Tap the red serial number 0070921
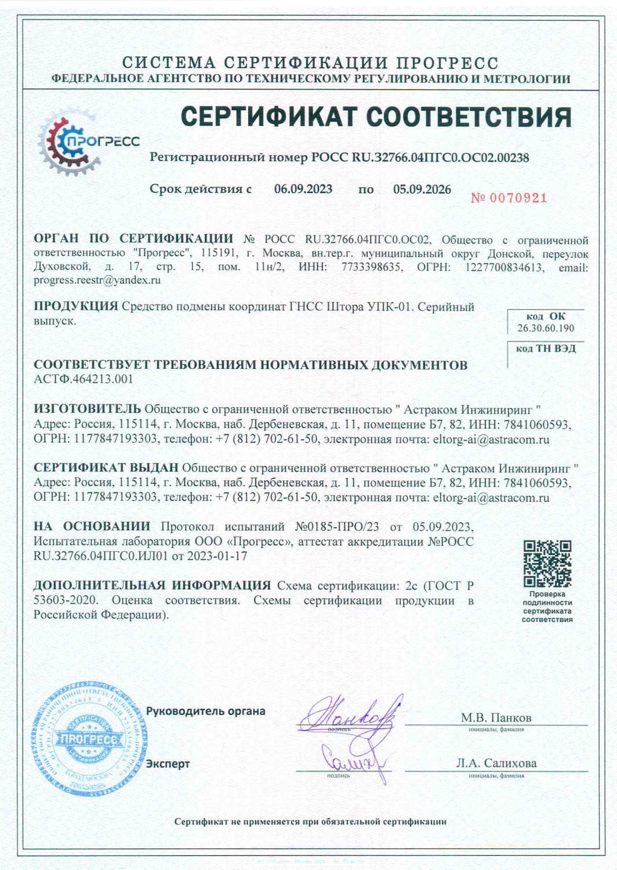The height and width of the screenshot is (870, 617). click(x=509, y=198)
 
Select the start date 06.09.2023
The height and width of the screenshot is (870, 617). click(x=303, y=189)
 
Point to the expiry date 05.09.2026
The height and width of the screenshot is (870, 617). click(x=422, y=190)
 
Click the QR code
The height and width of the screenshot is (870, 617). click(x=547, y=563)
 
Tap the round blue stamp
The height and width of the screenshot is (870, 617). click(x=89, y=739)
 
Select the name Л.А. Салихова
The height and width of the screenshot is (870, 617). click(x=496, y=763)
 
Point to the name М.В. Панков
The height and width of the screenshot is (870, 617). click(x=496, y=718)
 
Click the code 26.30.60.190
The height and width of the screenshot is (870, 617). click(x=546, y=328)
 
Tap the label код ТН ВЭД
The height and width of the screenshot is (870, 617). click(x=546, y=348)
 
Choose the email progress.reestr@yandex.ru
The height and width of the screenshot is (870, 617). click(x=97, y=280)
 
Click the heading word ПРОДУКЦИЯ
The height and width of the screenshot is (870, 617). click(x=75, y=306)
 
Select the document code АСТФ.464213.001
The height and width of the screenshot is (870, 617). click(x=84, y=379)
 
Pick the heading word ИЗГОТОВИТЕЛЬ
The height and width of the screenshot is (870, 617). click(x=87, y=409)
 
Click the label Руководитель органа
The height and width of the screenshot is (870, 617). click(x=205, y=711)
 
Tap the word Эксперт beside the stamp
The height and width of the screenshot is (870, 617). click(x=168, y=764)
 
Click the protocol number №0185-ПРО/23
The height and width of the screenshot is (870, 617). click(x=337, y=527)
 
